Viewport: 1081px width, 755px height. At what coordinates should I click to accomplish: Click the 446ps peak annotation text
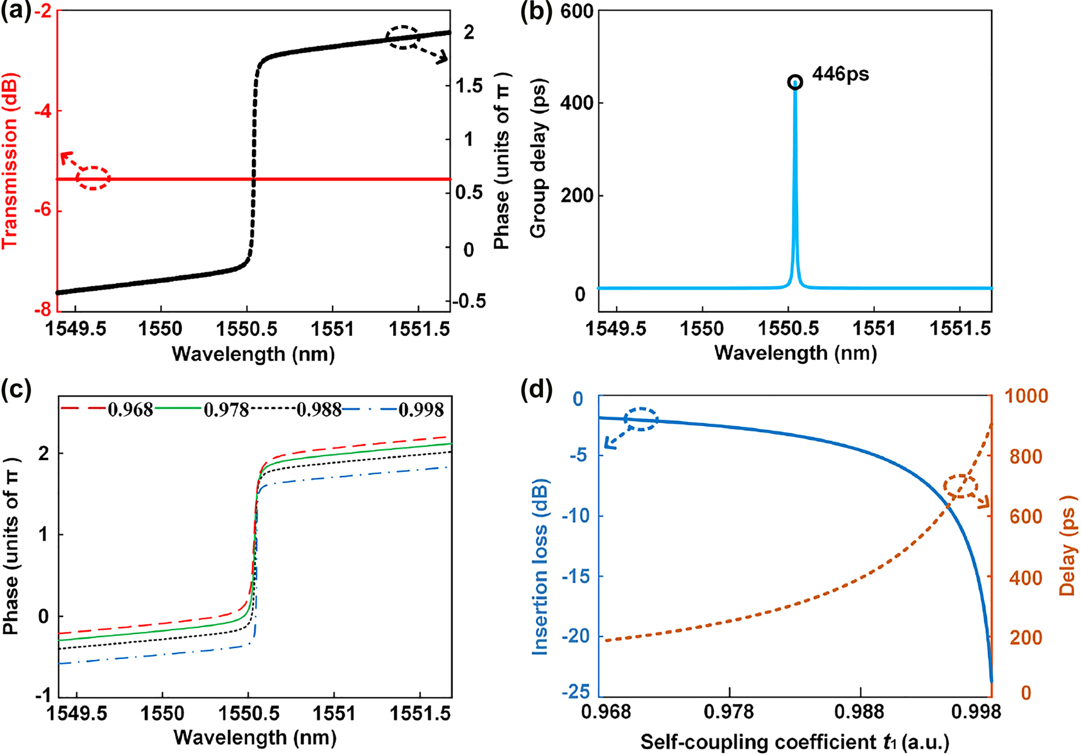[840, 74]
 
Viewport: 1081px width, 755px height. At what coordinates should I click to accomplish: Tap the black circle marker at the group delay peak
[795, 82]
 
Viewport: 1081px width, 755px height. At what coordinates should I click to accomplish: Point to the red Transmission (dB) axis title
[11, 161]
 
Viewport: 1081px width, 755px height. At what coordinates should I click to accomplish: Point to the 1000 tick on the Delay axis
[1026, 396]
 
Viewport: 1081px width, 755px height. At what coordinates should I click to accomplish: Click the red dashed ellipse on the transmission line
[93, 178]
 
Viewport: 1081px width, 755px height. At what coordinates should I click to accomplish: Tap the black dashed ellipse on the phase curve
[402, 38]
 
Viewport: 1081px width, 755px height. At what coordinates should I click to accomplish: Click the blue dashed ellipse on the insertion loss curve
[641, 419]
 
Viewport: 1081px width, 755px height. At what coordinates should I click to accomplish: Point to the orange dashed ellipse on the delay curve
[961, 487]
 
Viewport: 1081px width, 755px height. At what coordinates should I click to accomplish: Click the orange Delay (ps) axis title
[1067, 555]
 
